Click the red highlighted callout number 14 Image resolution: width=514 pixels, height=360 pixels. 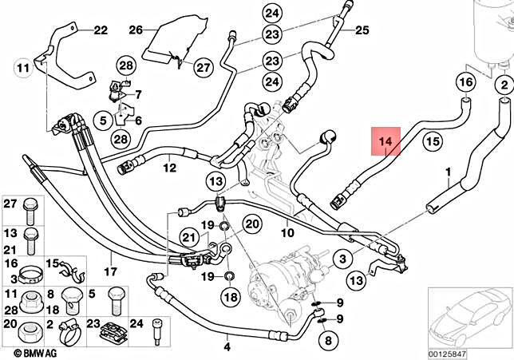point(385,141)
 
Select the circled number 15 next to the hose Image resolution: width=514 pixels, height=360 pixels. point(433,141)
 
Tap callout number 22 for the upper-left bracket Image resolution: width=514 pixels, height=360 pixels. point(101,30)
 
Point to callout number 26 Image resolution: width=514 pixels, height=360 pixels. point(136,30)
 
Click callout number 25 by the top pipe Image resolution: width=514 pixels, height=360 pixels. point(362,30)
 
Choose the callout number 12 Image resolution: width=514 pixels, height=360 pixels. point(170,168)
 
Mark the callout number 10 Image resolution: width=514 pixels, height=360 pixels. point(287,233)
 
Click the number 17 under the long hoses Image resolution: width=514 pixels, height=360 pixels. point(110,271)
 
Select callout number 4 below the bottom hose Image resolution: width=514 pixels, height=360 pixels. point(227,346)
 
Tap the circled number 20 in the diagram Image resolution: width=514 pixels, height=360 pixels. point(252,224)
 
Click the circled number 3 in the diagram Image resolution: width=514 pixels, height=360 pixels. point(342,259)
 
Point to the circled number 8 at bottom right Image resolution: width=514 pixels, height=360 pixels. point(329,341)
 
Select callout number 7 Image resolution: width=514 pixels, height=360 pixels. point(138,94)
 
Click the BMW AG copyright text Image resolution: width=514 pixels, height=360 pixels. point(35,353)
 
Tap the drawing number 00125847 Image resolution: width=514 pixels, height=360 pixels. point(447,354)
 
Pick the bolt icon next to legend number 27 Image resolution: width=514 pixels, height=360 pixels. point(31,212)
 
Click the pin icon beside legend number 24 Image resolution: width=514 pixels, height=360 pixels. point(156,332)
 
